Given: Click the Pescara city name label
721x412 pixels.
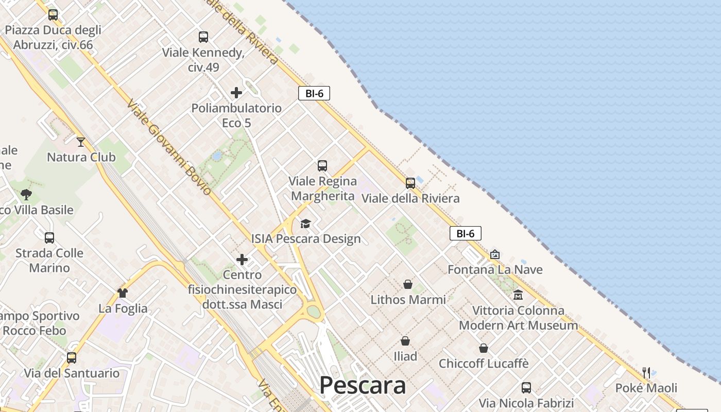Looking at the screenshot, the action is [x=363, y=385].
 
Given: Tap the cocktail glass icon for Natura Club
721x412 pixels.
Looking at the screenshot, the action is [x=81, y=142].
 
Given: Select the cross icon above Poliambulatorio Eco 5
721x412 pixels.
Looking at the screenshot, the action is [x=236, y=93].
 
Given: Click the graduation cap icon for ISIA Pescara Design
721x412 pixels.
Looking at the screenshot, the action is [x=306, y=224].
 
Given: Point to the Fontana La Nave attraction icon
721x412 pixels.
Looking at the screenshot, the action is [x=495, y=254].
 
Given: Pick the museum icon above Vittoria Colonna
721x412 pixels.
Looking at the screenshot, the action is [x=518, y=295].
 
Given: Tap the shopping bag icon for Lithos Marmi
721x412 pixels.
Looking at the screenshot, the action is [x=408, y=284].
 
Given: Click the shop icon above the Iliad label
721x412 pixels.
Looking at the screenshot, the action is [x=405, y=341].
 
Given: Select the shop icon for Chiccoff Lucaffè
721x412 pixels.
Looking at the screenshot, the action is [x=484, y=348].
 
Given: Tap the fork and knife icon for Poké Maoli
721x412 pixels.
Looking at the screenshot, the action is [x=646, y=372].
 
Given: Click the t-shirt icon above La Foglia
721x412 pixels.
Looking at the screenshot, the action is [x=123, y=293].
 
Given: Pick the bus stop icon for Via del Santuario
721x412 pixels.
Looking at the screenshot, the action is [x=72, y=357].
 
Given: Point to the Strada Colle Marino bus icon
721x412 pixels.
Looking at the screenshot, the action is [x=49, y=238].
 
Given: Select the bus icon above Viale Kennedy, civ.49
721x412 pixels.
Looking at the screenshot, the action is [x=203, y=37].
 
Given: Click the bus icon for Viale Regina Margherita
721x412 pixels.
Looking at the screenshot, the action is [x=322, y=166].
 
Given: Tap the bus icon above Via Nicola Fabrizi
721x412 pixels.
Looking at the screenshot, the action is [x=526, y=387].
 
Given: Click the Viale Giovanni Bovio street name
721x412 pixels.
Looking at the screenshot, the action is [x=169, y=147].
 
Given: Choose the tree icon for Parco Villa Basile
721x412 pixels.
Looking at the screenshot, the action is [x=26, y=195].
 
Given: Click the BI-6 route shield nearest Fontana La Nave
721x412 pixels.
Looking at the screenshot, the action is [x=466, y=233].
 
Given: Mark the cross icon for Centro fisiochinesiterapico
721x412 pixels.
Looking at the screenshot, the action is [x=242, y=260].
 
